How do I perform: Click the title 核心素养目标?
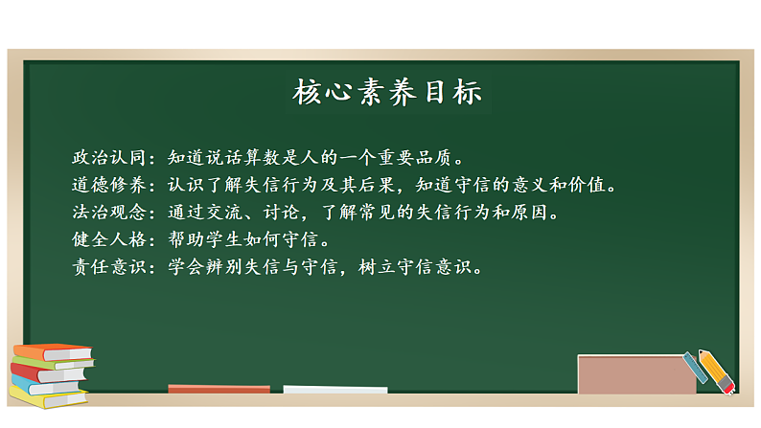tap(387, 93)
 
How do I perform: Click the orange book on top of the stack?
tap(54, 351)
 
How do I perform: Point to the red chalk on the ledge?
tap(219, 389)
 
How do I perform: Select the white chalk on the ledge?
tap(335, 390)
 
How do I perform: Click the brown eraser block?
tap(635, 374)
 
